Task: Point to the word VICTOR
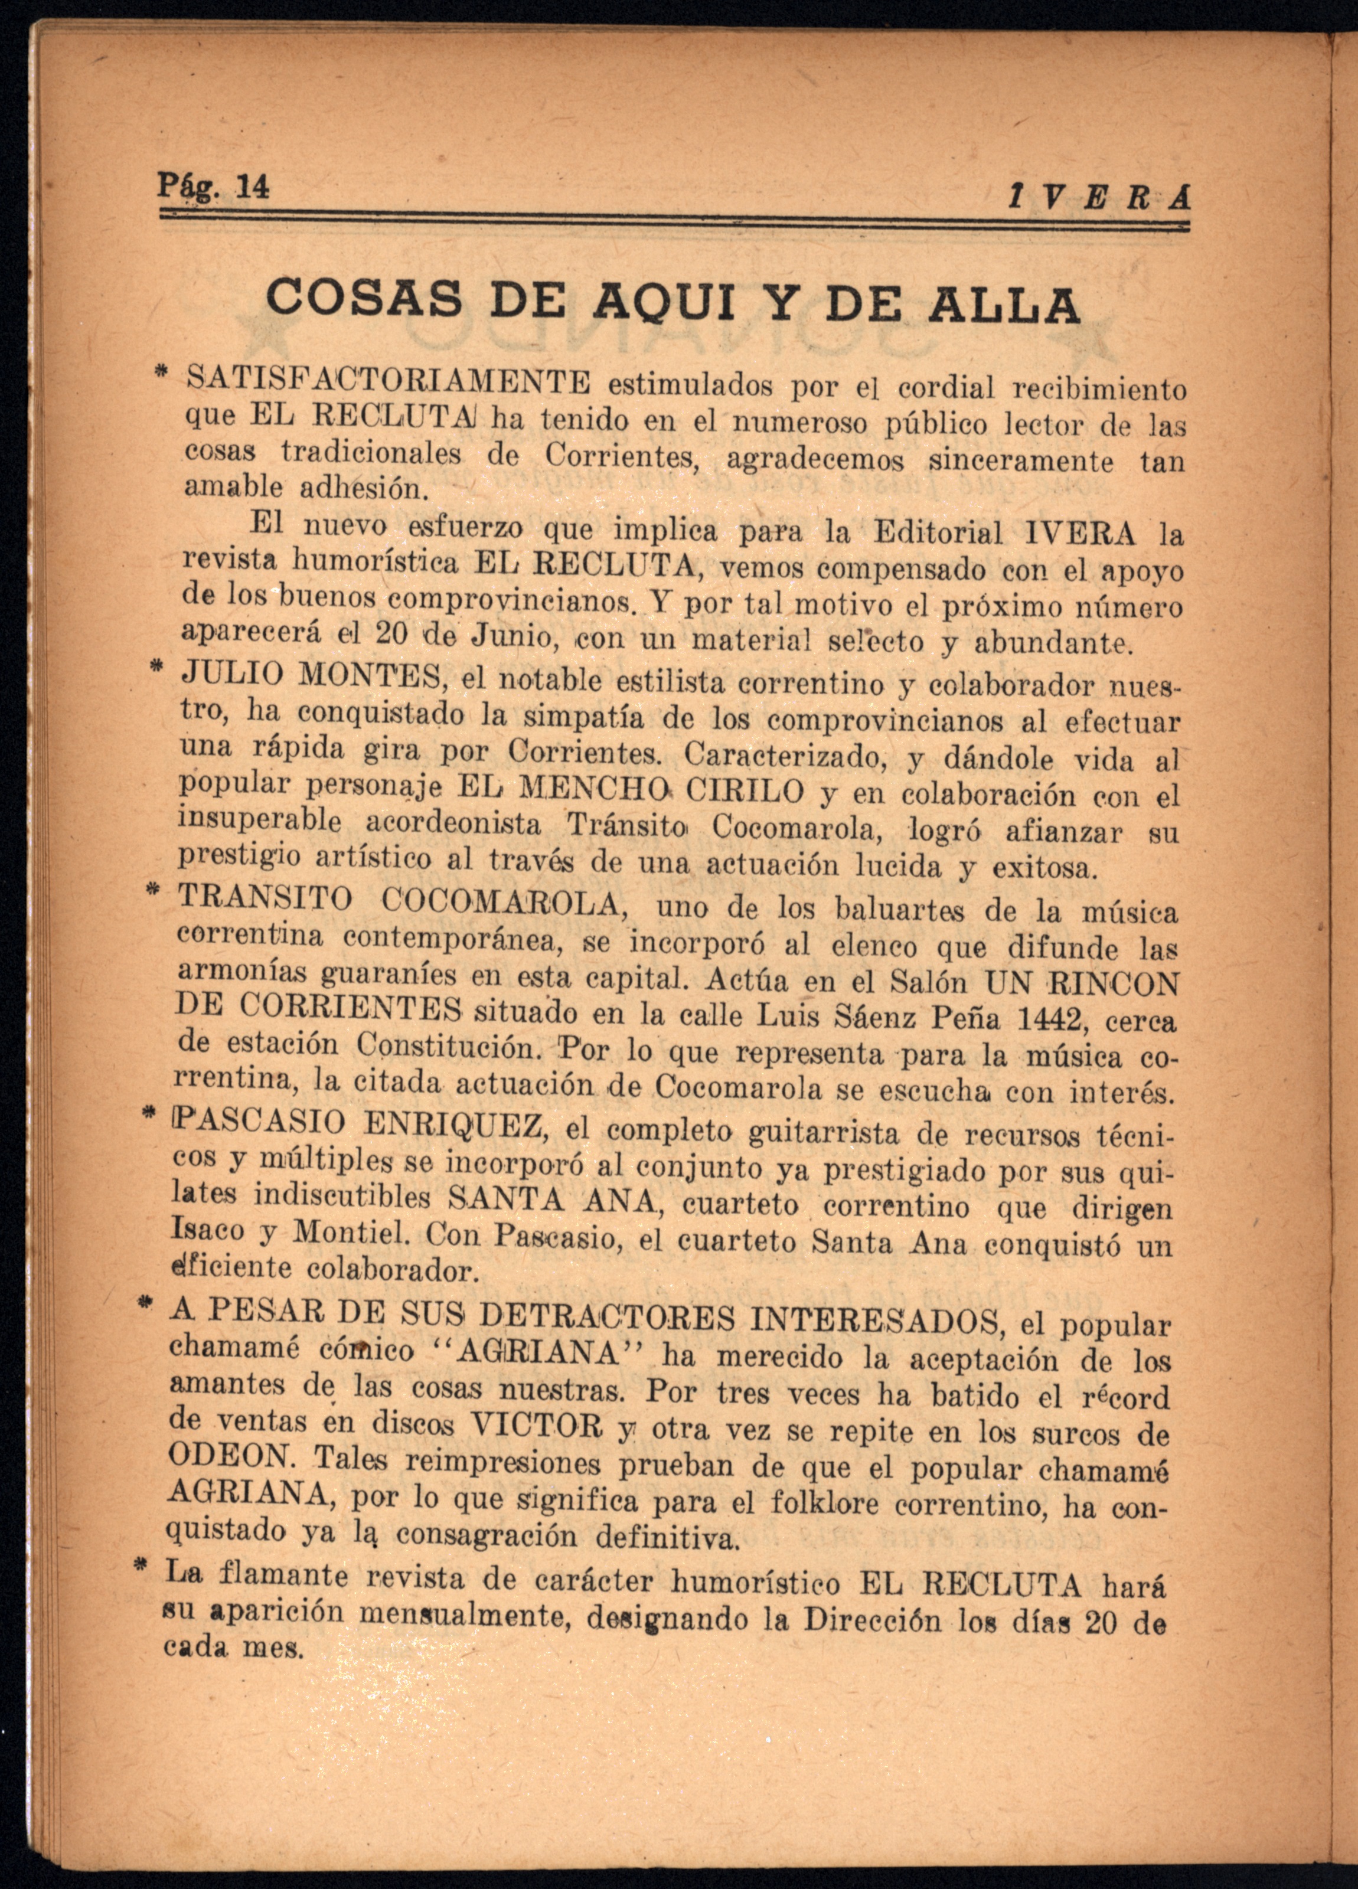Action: tap(537, 1424)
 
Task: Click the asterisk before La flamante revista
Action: tap(140, 1569)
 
